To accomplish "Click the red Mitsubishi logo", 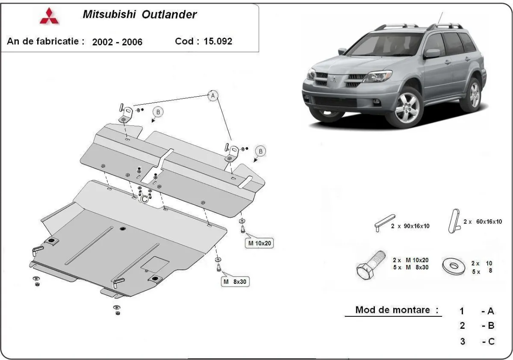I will click(x=50, y=16).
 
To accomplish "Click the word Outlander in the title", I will click(x=171, y=15).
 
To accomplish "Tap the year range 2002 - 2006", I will click(x=117, y=42).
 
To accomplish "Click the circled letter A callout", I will click(x=212, y=96).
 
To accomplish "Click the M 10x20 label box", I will click(x=259, y=244).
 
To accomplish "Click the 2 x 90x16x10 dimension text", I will click(x=410, y=226).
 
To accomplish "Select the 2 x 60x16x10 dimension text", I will click(x=482, y=221).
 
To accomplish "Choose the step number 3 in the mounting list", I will click(x=462, y=342).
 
